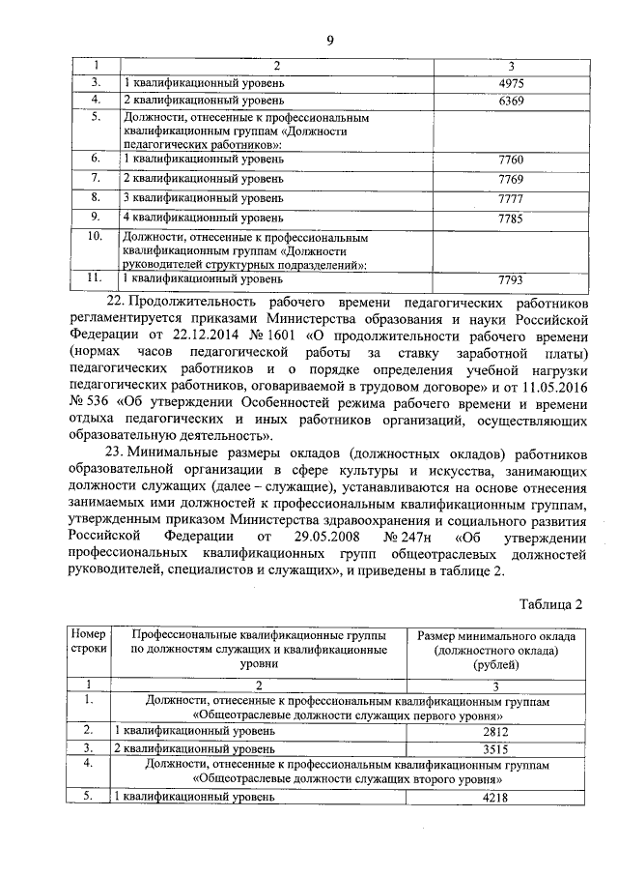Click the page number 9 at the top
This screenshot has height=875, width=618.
coord(329,40)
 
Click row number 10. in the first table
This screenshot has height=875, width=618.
coord(95,236)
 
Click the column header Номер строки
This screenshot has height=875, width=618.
coord(89,642)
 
